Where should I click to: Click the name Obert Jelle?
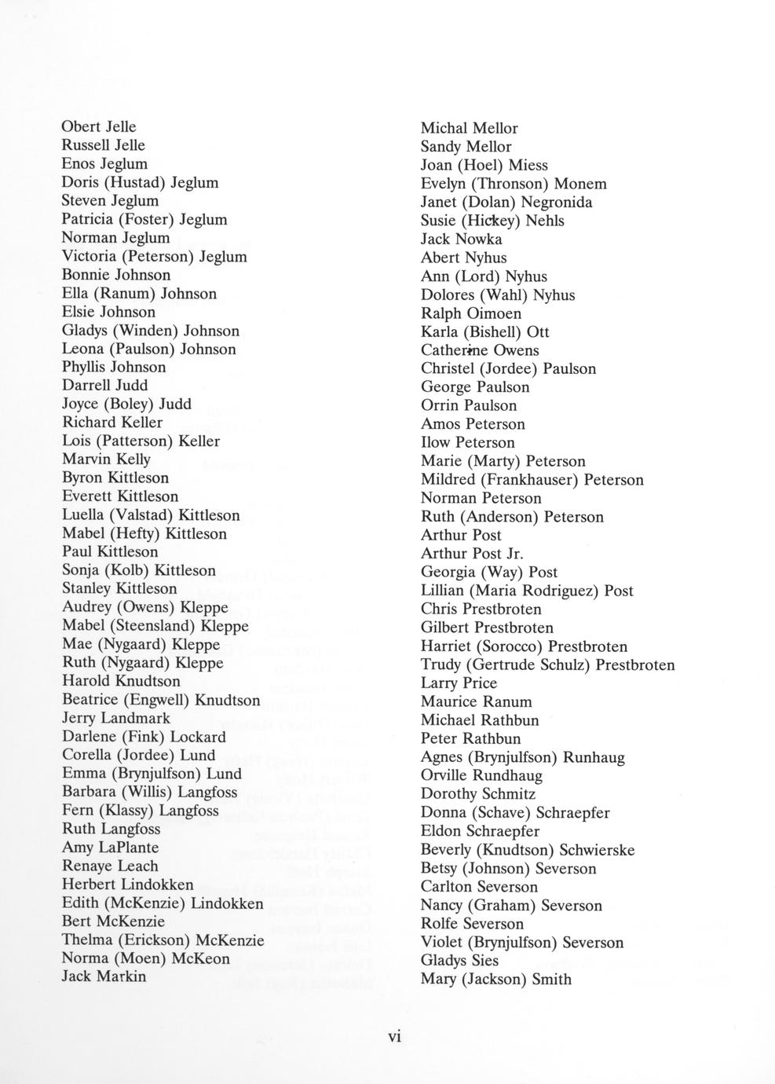pos(99,126)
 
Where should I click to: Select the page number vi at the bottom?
pos(394,1036)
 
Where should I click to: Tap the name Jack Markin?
pos(104,976)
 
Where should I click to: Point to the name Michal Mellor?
pos(469,128)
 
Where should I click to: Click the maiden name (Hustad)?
pos(133,182)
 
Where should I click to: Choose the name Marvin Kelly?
pos(106,459)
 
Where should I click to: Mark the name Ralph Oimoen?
pos(470,313)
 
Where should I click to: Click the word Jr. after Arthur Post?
pos(514,553)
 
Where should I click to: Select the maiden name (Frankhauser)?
pos(530,480)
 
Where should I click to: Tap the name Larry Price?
pos(459,683)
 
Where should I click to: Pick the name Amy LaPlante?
pos(110,847)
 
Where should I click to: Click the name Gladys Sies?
pos(459,960)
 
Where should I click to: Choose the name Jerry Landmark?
pos(116,718)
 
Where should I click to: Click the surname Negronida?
pos(557,202)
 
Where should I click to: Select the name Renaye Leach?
pos(110,866)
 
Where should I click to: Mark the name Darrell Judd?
pos(104,385)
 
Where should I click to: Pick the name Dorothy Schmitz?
pos(478,793)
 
